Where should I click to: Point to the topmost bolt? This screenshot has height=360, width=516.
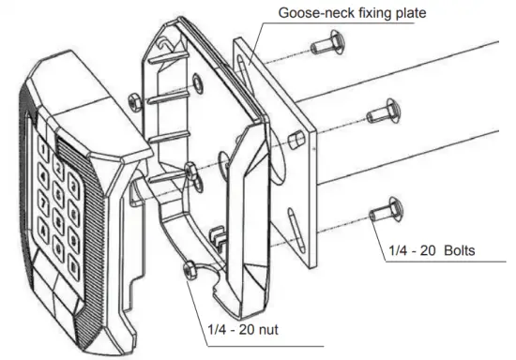(x=328, y=44)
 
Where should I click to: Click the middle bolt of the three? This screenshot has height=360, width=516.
(x=379, y=112)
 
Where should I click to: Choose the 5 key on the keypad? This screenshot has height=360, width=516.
(x=58, y=189)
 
